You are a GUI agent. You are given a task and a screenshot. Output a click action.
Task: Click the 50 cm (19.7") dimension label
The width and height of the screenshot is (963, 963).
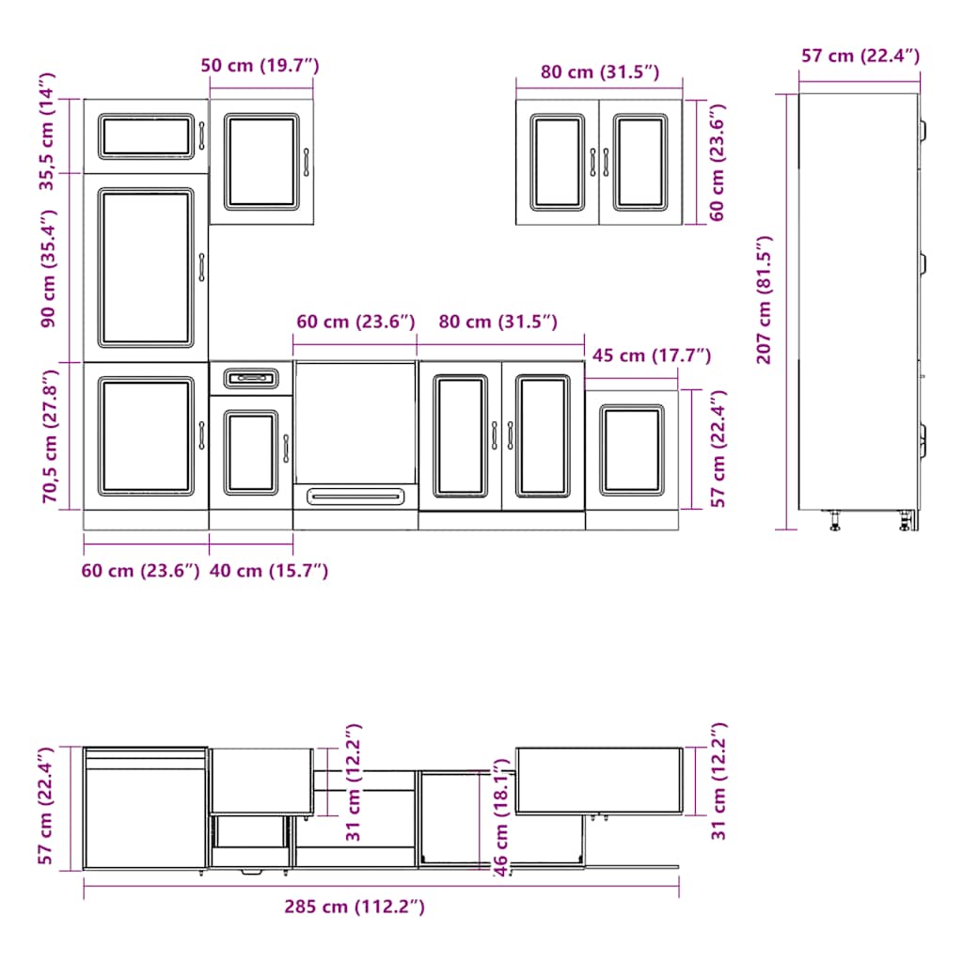tap(260, 66)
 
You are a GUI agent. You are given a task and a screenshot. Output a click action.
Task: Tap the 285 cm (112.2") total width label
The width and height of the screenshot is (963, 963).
tap(355, 908)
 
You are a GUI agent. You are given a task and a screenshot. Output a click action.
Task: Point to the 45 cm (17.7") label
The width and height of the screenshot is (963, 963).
tap(651, 355)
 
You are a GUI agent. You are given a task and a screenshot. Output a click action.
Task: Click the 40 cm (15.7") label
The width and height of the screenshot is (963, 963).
tap(269, 570)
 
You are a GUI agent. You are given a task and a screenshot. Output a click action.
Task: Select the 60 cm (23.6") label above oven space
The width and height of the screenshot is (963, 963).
tap(355, 323)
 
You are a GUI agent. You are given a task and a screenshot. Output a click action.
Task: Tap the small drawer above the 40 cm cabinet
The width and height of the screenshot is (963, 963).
tap(251, 378)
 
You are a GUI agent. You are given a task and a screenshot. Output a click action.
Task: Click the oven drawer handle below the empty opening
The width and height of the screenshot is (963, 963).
tap(355, 495)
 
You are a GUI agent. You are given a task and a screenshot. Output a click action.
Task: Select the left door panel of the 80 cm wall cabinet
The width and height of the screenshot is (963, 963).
tap(557, 162)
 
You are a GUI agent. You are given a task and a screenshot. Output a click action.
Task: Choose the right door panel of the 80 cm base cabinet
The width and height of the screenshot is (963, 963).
tap(543, 435)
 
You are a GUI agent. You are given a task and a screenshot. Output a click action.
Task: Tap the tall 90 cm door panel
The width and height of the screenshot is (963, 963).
tap(145, 268)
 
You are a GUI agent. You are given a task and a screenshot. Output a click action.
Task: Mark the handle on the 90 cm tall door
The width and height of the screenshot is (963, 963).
tap(200, 267)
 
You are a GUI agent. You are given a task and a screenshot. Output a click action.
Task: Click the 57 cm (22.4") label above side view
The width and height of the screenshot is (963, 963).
tap(860, 56)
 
